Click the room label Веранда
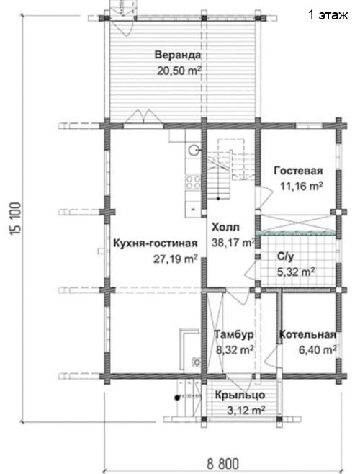(x=178, y=55)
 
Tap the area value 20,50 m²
(x=179, y=71)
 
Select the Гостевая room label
(x=298, y=171)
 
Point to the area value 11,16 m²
(x=301, y=186)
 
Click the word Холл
(x=225, y=227)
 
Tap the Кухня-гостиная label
(x=155, y=243)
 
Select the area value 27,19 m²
(x=176, y=259)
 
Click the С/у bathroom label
(x=285, y=256)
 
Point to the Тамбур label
(x=234, y=334)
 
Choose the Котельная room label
(x=307, y=335)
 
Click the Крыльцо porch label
(x=240, y=395)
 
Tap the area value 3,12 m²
(x=246, y=410)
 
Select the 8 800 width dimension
(x=222, y=463)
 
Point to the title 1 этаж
(x=328, y=14)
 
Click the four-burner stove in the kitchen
(x=193, y=182)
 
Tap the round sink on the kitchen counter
(x=194, y=149)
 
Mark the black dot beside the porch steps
(x=177, y=398)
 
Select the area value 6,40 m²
(x=318, y=350)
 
